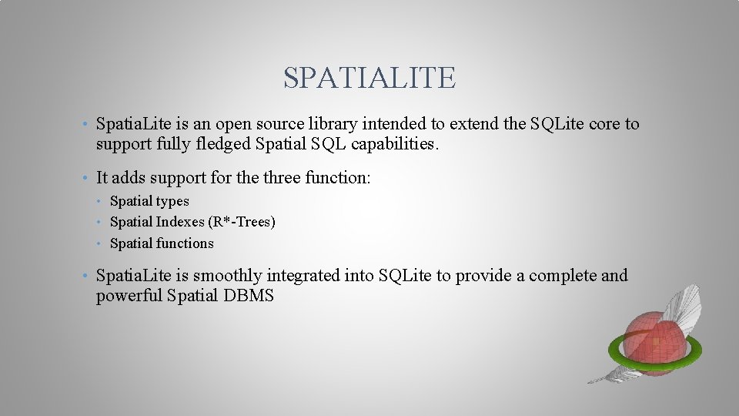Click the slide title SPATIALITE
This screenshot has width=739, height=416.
369,77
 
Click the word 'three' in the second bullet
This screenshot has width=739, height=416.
282,178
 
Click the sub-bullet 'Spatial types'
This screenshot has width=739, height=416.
149,201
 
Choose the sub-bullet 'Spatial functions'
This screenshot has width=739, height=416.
162,243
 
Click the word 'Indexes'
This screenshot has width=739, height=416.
179,222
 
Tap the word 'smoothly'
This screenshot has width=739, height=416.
226,276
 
